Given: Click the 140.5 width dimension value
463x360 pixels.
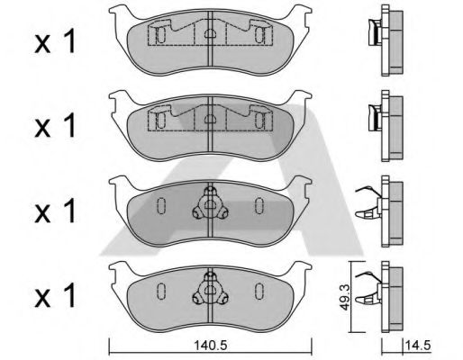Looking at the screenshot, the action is point(211,346).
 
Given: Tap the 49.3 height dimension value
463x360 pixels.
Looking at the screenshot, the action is point(345,297).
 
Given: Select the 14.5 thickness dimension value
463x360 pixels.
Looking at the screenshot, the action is point(418,346).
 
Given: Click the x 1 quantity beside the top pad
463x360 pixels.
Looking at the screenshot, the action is point(55,42).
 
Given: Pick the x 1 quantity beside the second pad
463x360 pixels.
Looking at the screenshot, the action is point(55,127).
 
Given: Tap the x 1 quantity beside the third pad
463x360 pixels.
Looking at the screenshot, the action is point(55,211).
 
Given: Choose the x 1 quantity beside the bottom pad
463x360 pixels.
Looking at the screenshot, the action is point(55,296).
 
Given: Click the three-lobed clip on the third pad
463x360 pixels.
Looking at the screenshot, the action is point(210,203).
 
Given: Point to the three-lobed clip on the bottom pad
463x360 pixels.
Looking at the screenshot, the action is point(210,289).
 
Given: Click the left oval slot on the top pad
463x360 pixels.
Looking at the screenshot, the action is point(161,35).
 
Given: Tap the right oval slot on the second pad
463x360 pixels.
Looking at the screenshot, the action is point(259,120).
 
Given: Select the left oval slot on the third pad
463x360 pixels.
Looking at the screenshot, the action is point(161,206).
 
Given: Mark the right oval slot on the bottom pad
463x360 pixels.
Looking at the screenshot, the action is point(259,291).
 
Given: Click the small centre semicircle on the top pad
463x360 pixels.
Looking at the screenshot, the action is point(210,33).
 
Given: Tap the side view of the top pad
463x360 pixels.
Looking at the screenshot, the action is point(386,40).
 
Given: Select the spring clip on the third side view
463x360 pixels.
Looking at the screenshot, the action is point(368,202).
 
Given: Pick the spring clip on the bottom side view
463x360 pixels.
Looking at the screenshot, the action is point(368,288).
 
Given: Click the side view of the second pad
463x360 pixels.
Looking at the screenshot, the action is point(386,126).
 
